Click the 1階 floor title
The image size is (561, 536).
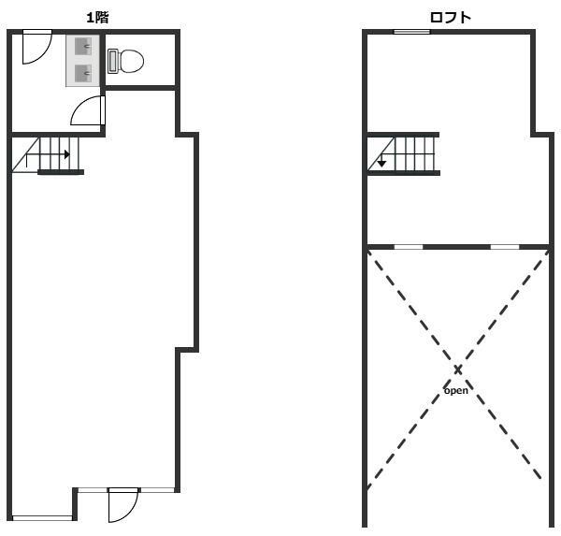pos(97,17)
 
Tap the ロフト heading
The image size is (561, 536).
pos(450,17)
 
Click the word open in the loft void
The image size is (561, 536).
pos(456,390)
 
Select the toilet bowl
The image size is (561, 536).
pos(131,61)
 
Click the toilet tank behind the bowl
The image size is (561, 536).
pos(113,61)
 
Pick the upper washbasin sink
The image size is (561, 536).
pos(83,47)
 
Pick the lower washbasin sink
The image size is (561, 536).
pos(83,73)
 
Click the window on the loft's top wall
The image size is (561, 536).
pos(411,32)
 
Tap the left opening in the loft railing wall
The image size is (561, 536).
pos(409,247)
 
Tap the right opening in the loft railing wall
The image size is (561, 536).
pos(505,247)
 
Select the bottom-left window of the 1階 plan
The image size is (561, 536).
pos(43,518)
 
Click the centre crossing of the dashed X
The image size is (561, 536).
pos(458,369)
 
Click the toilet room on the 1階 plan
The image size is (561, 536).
pos(140,60)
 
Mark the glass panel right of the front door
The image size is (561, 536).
pos(157,490)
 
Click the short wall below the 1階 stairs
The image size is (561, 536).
pos(61,172)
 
